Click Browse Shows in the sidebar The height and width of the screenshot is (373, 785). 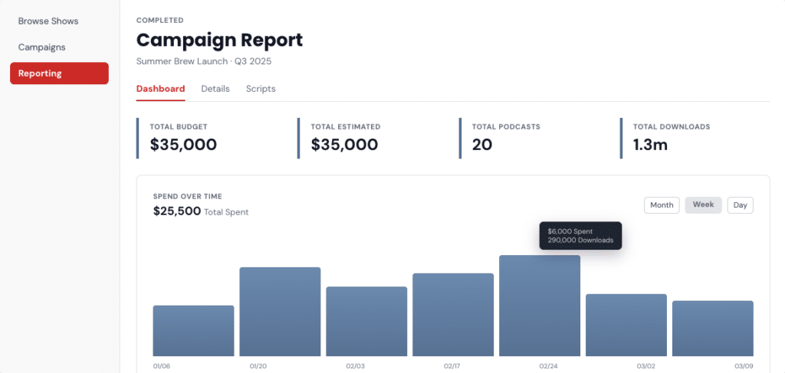[x=48, y=21]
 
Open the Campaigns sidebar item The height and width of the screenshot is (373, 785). [x=42, y=47]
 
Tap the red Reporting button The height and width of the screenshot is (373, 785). [x=60, y=74]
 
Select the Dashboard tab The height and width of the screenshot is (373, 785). [x=161, y=89]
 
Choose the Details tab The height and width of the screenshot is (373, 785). [x=215, y=89]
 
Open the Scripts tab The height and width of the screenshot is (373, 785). [x=261, y=89]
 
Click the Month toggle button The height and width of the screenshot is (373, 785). [x=662, y=205]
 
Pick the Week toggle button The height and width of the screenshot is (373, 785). [x=704, y=205]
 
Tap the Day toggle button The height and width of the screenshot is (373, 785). [x=741, y=205]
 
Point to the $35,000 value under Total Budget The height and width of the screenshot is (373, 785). [x=183, y=145]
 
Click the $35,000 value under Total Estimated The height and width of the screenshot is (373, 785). [x=344, y=145]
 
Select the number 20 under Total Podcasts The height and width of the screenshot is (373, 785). [x=482, y=145]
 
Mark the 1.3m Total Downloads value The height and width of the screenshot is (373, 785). [x=650, y=145]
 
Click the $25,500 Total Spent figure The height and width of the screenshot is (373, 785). [x=177, y=211]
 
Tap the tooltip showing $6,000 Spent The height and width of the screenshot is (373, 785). [x=581, y=235]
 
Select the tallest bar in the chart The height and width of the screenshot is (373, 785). [x=540, y=306]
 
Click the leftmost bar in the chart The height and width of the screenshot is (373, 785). [x=194, y=331]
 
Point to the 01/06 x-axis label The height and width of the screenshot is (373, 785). [x=162, y=366]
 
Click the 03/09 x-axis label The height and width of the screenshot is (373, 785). [x=744, y=366]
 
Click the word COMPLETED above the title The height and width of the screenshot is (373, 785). [x=160, y=21]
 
